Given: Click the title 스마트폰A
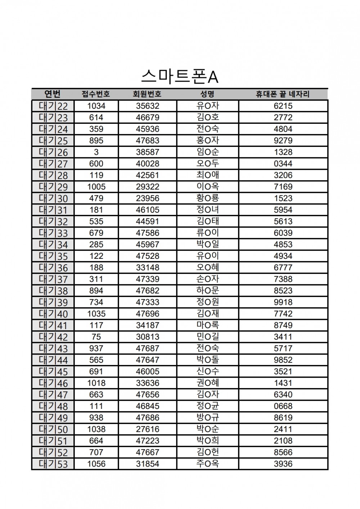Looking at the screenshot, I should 180,77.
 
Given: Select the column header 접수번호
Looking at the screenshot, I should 96,94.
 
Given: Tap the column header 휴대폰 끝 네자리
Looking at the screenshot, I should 283,94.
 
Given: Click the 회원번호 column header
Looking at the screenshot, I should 147,94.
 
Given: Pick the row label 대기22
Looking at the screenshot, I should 53,106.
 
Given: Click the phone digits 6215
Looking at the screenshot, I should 283,106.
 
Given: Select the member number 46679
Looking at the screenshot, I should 147,117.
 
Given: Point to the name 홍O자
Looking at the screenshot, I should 208,140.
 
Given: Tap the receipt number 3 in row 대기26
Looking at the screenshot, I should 96,152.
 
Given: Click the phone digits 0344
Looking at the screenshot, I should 283,164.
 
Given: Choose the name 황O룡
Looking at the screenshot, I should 208,198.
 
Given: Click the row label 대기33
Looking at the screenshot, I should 53,233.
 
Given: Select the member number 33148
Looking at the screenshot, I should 147,267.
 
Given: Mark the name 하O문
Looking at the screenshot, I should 208,290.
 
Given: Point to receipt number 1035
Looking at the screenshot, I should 96,314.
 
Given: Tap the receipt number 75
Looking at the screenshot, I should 96,337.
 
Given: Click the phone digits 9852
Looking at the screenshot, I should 283,360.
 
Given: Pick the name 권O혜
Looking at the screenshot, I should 208,383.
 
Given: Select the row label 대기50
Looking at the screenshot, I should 53,429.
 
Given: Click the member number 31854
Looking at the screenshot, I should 147,464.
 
